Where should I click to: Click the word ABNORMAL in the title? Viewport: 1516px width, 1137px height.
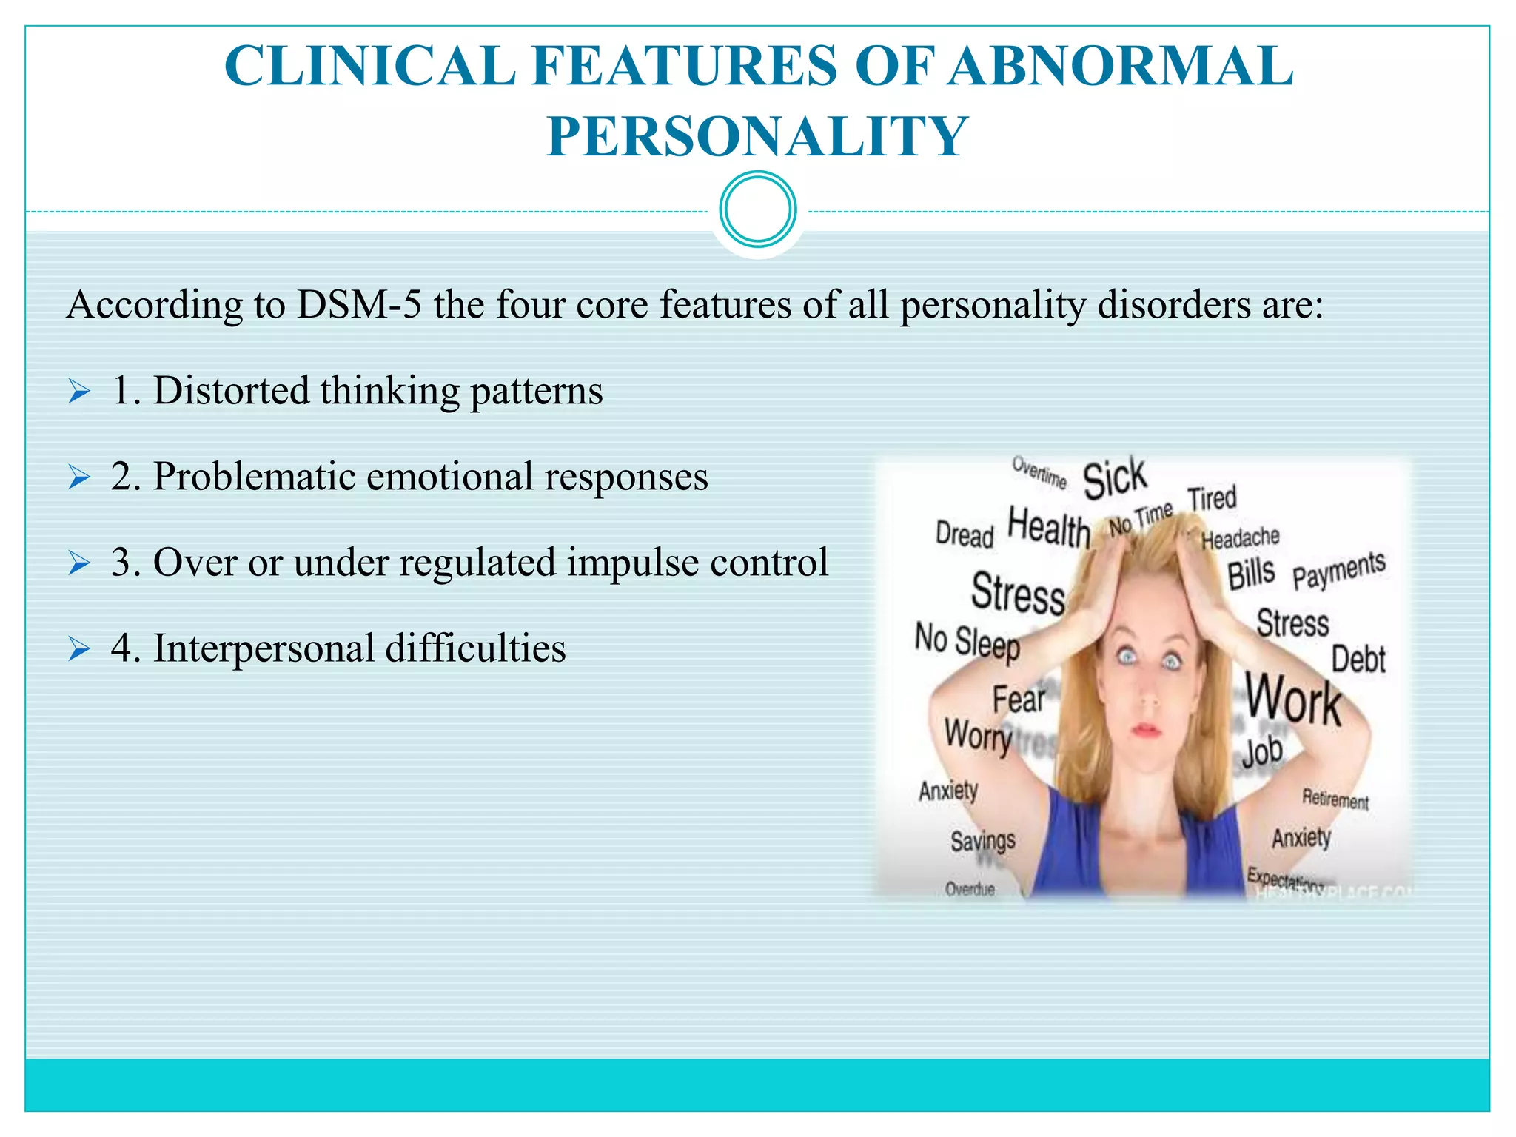1121,67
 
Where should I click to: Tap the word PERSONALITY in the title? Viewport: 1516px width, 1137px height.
757,137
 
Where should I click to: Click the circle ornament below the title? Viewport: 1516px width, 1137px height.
758,209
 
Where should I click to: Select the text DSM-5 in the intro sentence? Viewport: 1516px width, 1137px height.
359,305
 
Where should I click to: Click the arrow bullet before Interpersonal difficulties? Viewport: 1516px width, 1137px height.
78,649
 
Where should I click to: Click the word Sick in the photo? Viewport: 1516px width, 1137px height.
1114,478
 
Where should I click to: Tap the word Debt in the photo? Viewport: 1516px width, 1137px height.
1358,659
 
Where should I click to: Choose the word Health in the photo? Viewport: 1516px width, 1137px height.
1049,528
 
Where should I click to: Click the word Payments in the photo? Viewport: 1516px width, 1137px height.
1338,569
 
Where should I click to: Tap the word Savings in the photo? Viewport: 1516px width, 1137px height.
982,841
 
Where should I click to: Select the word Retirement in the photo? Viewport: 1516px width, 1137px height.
1335,799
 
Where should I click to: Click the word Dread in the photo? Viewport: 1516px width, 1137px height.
964,534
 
